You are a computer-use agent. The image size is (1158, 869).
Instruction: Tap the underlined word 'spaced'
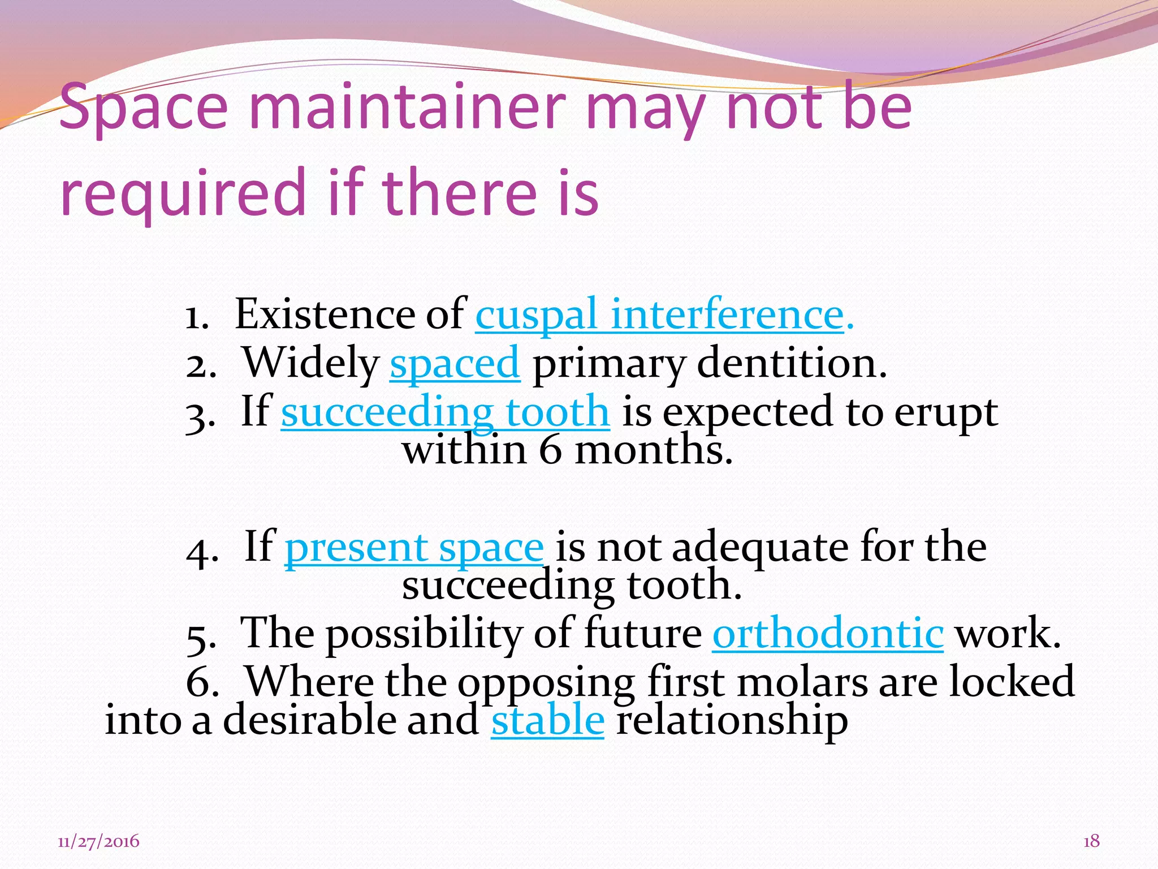click(454, 363)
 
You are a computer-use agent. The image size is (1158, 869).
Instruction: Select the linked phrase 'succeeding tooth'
click(445, 412)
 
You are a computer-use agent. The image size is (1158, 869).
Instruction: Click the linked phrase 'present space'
click(414, 548)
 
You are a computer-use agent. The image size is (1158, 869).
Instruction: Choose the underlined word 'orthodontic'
click(827, 633)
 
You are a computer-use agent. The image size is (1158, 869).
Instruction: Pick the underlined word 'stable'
click(547, 720)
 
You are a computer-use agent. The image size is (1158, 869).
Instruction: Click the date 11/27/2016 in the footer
click(98, 841)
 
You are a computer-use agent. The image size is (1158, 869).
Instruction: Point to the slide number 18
click(1091, 841)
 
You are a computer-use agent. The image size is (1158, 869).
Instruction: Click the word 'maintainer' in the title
click(407, 107)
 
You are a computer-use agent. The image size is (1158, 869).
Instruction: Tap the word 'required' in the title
click(183, 193)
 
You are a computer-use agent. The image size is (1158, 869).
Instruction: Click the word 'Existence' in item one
click(324, 315)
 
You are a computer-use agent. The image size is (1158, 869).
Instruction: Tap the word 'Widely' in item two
click(310, 363)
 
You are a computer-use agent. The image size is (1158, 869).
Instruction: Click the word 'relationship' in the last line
click(732, 720)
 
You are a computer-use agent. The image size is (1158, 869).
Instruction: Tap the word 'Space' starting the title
click(143, 107)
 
